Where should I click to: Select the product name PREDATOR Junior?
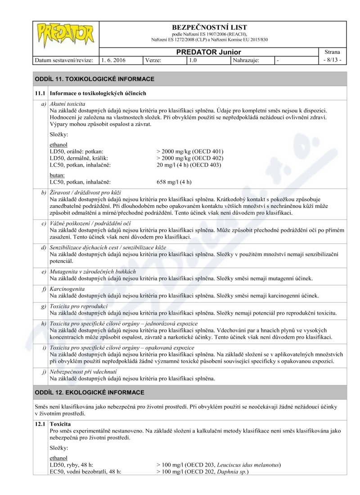coord(208,52)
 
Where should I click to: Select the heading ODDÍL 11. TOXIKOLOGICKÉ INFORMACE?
coord(94,79)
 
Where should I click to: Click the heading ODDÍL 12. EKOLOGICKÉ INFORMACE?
coord(90,392)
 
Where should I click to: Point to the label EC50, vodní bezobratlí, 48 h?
coord(86,472)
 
